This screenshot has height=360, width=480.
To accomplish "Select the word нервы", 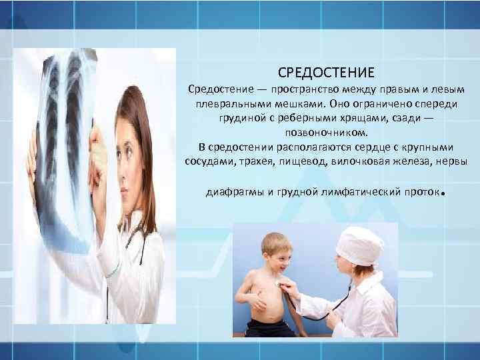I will [x=450, y=162].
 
